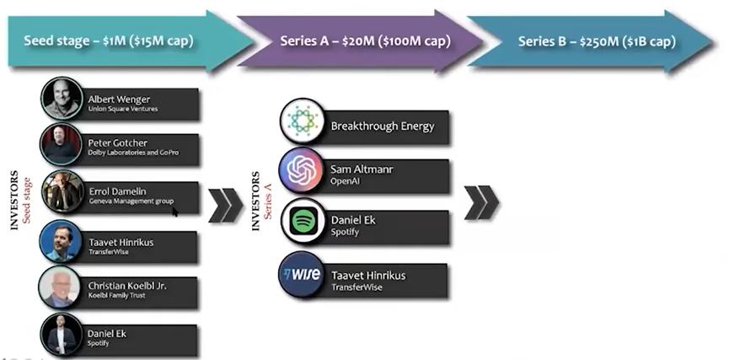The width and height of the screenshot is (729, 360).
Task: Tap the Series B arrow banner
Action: [590, 41]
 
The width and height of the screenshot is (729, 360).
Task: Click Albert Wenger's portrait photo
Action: [62, 99]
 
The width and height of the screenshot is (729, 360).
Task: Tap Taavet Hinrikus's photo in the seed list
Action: [62, 241]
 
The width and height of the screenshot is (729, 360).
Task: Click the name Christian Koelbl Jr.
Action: [127, 286]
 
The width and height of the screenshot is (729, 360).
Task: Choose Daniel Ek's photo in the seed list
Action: [62, 335]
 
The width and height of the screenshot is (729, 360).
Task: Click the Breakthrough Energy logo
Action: [301, 121]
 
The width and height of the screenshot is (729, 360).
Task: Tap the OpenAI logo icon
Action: [301, 171]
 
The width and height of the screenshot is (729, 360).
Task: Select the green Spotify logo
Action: [301, 221]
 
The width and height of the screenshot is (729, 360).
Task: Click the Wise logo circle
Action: [301, 274]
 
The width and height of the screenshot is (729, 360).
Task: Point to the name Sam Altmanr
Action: [362, 169]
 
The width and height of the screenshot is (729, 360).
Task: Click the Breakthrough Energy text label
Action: [383, 126]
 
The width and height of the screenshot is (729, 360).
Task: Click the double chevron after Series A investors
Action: [481, 202]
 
